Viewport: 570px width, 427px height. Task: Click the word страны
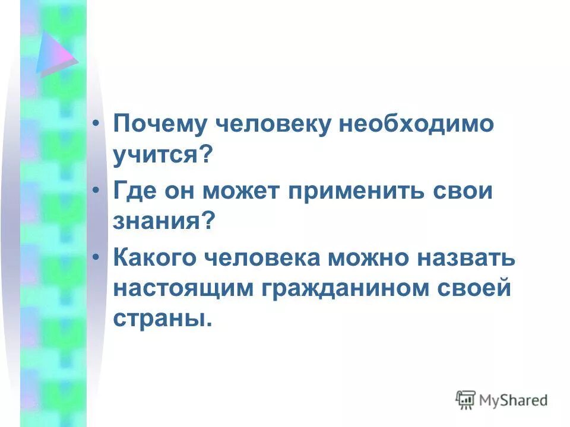(161, 320)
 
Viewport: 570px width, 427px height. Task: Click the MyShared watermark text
(514, 400)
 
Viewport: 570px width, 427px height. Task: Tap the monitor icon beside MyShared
(466, 400)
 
